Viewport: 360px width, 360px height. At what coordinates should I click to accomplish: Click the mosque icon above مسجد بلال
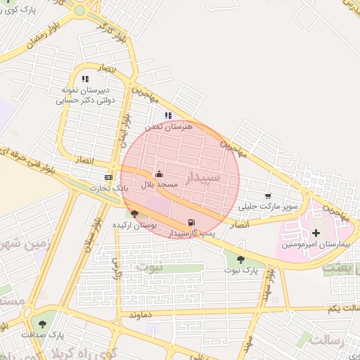point(159,174)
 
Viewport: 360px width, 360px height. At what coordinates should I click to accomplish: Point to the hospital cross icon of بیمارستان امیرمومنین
point(316,233)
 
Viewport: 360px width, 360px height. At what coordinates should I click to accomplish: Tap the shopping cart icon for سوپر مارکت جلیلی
point(267,196)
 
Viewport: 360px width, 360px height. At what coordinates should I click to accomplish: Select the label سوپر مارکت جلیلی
point(269,207)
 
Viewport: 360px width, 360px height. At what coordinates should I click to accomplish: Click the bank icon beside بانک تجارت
point(108,178)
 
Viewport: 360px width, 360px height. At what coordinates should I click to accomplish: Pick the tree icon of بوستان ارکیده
point(135,214)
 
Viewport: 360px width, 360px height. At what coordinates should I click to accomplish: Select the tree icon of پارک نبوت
point(241,259)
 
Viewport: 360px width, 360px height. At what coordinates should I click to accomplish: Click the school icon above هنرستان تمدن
point(167,116)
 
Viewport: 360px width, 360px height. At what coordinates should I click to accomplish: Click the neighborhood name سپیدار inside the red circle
point(204,176)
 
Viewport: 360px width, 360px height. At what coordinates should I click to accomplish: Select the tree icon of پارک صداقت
point(43,324)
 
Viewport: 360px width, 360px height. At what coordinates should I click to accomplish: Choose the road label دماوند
point(141,316)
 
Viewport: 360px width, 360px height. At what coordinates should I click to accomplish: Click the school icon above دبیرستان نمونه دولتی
point(86,79)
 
